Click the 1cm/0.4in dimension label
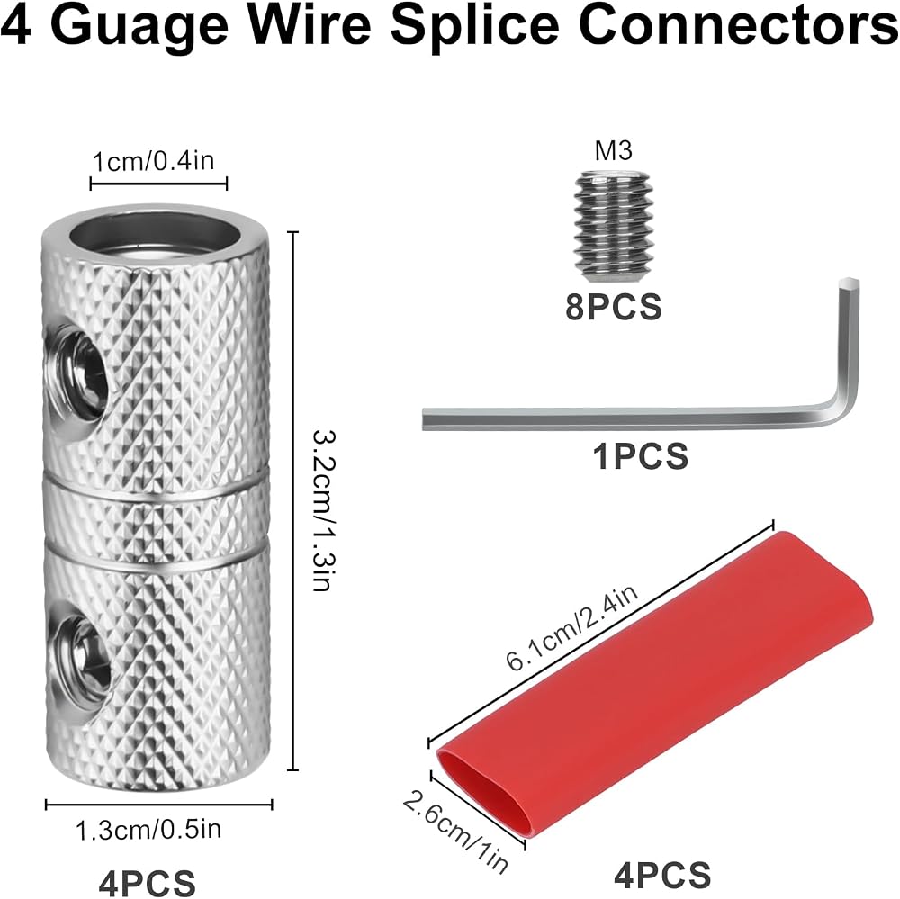(153, 161)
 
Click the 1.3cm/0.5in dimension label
(148, 829)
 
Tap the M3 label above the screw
(613, 150)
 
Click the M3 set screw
(612, 227)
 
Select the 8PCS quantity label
(614, 307)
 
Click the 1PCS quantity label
(641, 456)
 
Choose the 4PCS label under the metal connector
(147, 882)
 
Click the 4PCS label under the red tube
(662, 876)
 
